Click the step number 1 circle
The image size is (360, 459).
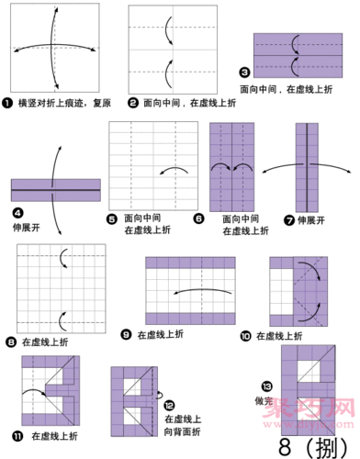8,106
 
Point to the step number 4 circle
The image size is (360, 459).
17,210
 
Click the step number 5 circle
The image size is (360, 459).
113,219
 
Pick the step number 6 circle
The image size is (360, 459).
198,219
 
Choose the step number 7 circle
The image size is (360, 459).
289,219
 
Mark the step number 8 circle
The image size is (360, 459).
9,341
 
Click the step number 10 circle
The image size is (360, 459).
244,336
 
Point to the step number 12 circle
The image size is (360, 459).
169,404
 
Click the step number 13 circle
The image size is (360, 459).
266,385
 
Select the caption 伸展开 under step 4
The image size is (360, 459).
27,224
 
